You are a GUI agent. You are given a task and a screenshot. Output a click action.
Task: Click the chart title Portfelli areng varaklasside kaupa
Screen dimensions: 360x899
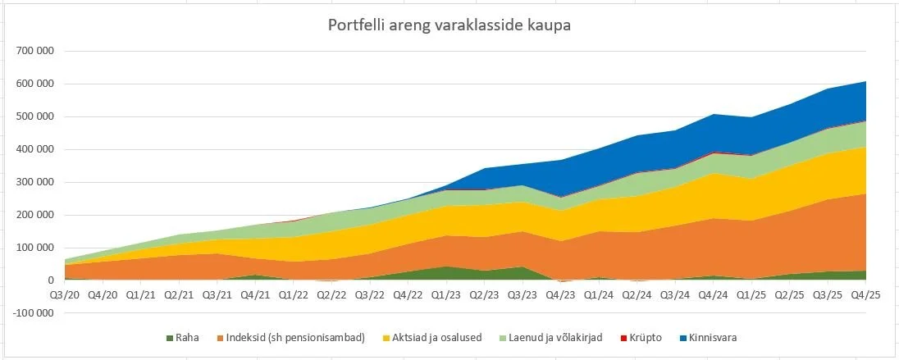[449, 25]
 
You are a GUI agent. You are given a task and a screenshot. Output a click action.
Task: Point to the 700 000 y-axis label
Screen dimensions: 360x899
[35, 51]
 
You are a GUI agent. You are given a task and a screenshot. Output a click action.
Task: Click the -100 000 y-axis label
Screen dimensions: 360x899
[34, 313]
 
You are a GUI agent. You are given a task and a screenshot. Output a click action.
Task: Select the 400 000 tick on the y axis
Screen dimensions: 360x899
[35, 149]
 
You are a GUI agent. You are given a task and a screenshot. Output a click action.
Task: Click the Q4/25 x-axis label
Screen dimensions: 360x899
[865, 294]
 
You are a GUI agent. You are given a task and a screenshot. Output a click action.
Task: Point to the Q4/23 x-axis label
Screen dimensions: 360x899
[559, 294]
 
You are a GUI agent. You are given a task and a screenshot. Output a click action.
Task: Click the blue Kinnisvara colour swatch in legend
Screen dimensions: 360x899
[685, 338]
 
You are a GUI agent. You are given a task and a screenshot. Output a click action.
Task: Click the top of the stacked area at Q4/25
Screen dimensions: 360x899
[865, 81]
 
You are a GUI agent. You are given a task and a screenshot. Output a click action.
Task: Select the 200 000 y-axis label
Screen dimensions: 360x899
[35, 215]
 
